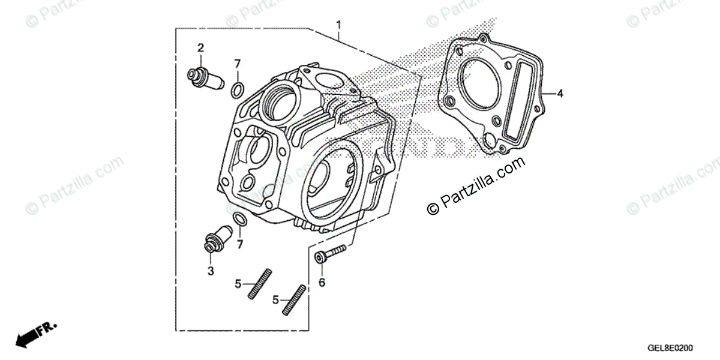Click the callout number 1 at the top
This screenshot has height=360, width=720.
[x=339, y=25]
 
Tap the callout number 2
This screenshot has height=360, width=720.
[x=201, y=47]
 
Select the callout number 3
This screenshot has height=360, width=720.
[x=211, y=271]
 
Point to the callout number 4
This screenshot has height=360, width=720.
[x=559, y=94]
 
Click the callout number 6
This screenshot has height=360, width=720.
[x=322, y=281]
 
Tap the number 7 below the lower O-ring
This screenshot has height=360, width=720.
[x=240, y=244]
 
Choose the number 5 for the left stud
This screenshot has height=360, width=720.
[x=238, y=283]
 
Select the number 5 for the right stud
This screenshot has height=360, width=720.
[x=275, y=298]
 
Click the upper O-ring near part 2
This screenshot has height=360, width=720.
[x=237, y=91]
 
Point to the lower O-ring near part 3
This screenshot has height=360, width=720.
[x=238, y=220]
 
